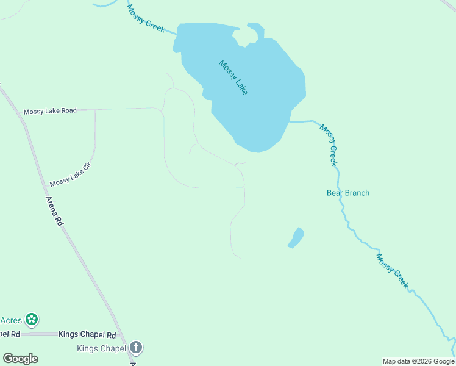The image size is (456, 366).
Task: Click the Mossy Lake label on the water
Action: (233, 77)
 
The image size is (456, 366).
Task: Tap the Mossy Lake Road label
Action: (50, 111)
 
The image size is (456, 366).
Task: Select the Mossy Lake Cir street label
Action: (70, 178)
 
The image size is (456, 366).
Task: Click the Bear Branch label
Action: (348, 193)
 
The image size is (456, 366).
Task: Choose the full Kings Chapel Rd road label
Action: (87, 335)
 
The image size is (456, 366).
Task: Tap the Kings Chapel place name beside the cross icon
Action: (101, 349)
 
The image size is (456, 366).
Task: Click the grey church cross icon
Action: (136, 348)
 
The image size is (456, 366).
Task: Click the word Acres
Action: (11, 320)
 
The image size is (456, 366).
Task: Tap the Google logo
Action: (20, 359)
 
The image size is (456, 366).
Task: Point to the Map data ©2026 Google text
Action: (419, 361)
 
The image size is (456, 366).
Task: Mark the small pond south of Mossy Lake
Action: (296, 238)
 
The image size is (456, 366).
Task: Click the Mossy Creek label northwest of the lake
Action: (146, 19)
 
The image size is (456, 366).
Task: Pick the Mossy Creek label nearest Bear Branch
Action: (329, 145)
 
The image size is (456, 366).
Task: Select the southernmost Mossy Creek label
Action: (392, 271)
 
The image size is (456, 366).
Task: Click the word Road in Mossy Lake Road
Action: (68, 110)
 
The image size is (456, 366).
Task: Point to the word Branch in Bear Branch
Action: (357, 193)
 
